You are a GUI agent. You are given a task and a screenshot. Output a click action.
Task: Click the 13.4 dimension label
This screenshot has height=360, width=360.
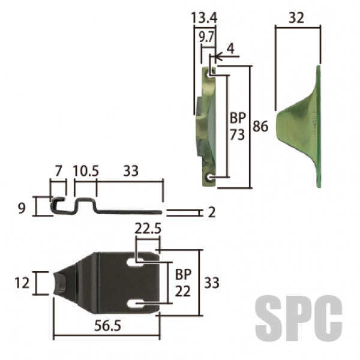[x=204, y=17]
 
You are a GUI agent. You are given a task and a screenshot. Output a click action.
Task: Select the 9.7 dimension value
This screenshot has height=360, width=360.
[x=206, y=37]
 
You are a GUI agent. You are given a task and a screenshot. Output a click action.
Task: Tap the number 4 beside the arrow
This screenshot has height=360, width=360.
[x=230, y=49]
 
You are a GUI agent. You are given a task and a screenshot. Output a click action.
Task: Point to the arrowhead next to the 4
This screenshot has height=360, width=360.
[x=219, y=56]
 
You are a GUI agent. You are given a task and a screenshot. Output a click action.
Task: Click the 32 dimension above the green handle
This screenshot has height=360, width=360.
[x=296, y=17]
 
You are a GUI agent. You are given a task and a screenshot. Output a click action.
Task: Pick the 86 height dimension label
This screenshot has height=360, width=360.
[x=260, y=126]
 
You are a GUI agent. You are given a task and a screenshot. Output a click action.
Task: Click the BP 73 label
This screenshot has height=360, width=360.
[x=238, y=126]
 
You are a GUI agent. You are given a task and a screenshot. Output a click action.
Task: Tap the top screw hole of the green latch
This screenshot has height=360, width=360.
[x=210, y=74]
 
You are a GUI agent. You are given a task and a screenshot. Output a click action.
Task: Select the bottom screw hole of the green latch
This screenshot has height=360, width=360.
[x=209, y=177]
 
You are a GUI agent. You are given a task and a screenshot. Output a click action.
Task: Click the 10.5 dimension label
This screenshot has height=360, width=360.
[x=86, y=171]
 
